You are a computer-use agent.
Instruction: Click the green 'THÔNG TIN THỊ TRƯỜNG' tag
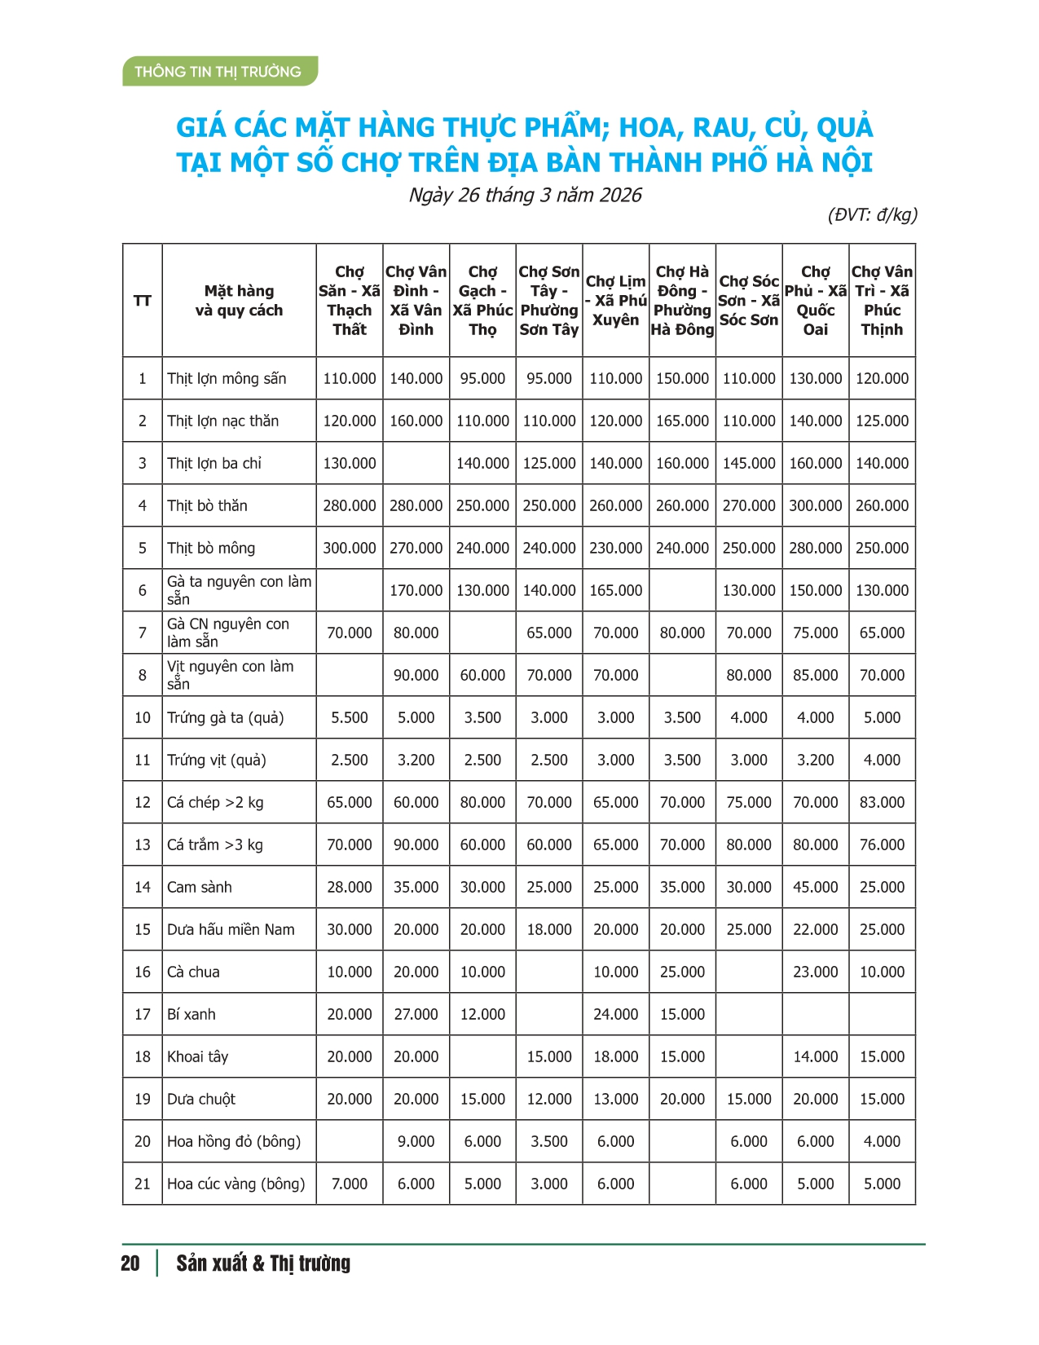[218, 72]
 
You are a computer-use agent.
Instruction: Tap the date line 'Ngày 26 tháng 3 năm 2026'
[525, 195]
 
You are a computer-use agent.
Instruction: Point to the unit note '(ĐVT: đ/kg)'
[873, 214]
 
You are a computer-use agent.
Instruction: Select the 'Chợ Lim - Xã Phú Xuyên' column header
[615, 300]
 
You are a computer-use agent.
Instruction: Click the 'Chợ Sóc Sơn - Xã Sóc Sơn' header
[749, 300]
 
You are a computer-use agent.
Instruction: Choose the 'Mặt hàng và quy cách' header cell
[239, 300]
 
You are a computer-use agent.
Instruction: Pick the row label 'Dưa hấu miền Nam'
[231, 929]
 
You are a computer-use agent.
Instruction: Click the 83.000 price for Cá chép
[882, 802]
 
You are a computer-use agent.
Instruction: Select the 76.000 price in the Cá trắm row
[882, 844]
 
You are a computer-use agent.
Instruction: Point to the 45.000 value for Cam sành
[815, 887]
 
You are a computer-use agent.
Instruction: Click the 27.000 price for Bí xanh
[416, 1014]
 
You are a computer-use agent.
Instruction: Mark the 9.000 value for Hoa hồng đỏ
[416, 1141]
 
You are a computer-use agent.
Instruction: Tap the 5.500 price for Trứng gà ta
[349, 717]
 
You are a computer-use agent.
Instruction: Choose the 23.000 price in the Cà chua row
[815, 972]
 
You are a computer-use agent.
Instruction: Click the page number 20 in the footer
[130, 1263]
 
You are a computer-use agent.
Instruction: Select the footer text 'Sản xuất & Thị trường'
[263, 1263]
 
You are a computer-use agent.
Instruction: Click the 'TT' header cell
[142, 300]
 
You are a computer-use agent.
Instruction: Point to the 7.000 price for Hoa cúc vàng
[349, 1184]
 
